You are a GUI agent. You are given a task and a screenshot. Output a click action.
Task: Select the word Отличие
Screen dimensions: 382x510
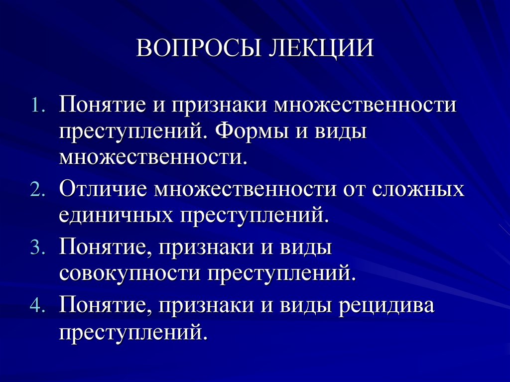[104, 191]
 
